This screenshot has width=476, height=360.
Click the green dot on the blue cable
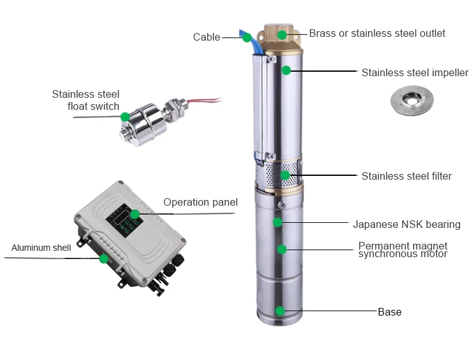click(x=247, y=37)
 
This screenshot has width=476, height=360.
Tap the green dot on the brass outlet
click(x=282, y=35)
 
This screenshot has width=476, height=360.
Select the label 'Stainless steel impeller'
click(x=415, y=73)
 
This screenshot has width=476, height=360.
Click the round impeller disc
click(x=412, y=100)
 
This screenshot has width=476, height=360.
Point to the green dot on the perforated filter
click(x=285, y=175)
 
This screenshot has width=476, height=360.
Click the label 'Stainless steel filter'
click(x=406, y=177)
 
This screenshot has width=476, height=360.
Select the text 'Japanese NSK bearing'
click(x=407, y=225)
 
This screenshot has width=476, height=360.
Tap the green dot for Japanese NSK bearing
click(x=277, y=222)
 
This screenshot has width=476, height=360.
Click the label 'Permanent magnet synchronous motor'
click(x=403, y=250)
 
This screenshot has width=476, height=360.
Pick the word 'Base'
click(x=390, y=312)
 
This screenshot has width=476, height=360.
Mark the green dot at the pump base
click(x=280, y=310)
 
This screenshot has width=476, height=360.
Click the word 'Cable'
click(x=206, y=37)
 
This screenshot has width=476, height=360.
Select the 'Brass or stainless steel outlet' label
click(x=377, y=33)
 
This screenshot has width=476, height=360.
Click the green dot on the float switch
click(x=125, y=117)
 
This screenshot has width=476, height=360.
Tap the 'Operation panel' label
click(x=201, y=203)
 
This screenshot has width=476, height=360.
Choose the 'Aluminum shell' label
click(x=41, y=248)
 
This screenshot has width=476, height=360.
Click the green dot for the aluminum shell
click(x=104, y=259)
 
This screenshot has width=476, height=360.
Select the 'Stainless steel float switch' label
click(x=86, y=100)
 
